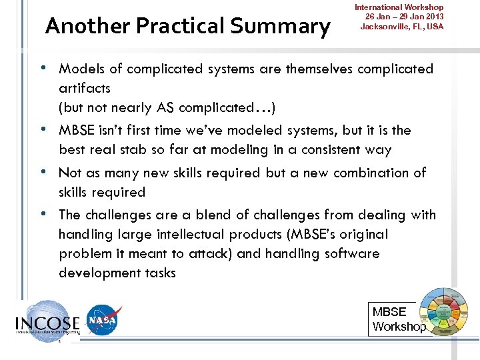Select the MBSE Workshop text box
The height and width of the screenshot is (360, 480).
click(398, 319)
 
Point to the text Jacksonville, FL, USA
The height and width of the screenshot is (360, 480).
click(401, 27)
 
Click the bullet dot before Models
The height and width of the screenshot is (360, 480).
click(43, 68)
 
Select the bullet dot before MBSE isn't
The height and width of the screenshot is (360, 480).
click(43, 129)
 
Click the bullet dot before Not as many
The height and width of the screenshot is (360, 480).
click(43, 172)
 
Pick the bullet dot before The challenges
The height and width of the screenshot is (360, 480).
click(43, 214)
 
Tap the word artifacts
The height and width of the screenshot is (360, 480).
click(85, 88)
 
